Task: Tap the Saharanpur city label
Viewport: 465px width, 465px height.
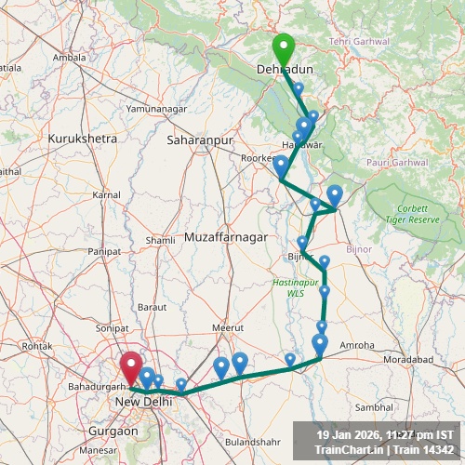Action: click(x=198, y=139)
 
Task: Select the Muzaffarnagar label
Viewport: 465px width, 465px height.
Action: click(x=226, y=238)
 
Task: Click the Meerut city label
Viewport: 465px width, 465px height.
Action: click(x=227, y=327)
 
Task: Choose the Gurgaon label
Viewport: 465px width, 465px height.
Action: click(x=113, y=432)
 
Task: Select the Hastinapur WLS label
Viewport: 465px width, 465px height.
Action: click(x=296, y=287)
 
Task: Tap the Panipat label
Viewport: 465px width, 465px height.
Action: click(x=104, y=252)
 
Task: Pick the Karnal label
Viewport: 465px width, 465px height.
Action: click(x=106, y=194)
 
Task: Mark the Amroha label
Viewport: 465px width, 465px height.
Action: click(x=357, y=345)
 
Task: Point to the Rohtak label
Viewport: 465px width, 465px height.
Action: click(x=37, y=346)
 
